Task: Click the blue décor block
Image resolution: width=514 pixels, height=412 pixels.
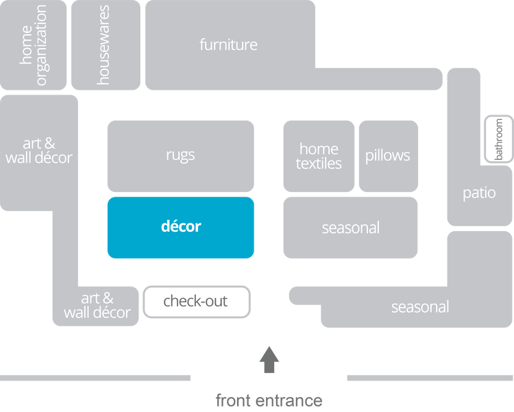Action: [x=181, y=227]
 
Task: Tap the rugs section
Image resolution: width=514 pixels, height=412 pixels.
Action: [x=181, y=156]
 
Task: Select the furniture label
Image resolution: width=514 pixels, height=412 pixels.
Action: [x=228, y=45]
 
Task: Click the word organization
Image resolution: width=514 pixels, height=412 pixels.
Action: [x=42, y=45]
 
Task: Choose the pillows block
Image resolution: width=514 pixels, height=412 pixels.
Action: [x=388, y=156]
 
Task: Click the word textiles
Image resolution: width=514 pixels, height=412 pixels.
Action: [x=319, y=165]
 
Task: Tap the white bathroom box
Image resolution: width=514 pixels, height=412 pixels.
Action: [x=499, y=139]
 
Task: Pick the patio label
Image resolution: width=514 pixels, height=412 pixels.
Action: [x=478, y=193]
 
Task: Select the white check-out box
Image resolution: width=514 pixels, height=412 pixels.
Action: [x=196, y=302]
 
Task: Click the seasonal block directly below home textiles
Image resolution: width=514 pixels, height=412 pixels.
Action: [x=350, y=228]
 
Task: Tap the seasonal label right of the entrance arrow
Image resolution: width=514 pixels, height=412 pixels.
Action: [x=419, y=307]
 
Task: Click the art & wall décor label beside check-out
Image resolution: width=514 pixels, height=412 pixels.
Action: [x=97, y=306]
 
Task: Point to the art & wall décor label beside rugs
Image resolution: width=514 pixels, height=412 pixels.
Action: [x=39, y=151]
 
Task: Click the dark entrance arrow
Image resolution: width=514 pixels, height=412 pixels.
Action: [x=269, y=360]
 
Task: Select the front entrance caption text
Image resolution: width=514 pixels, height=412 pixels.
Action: [x=269, y=400]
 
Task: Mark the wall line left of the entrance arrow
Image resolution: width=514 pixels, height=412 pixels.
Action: [x=96, y=378]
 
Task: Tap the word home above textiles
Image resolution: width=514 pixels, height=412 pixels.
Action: [x=319, y=149]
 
